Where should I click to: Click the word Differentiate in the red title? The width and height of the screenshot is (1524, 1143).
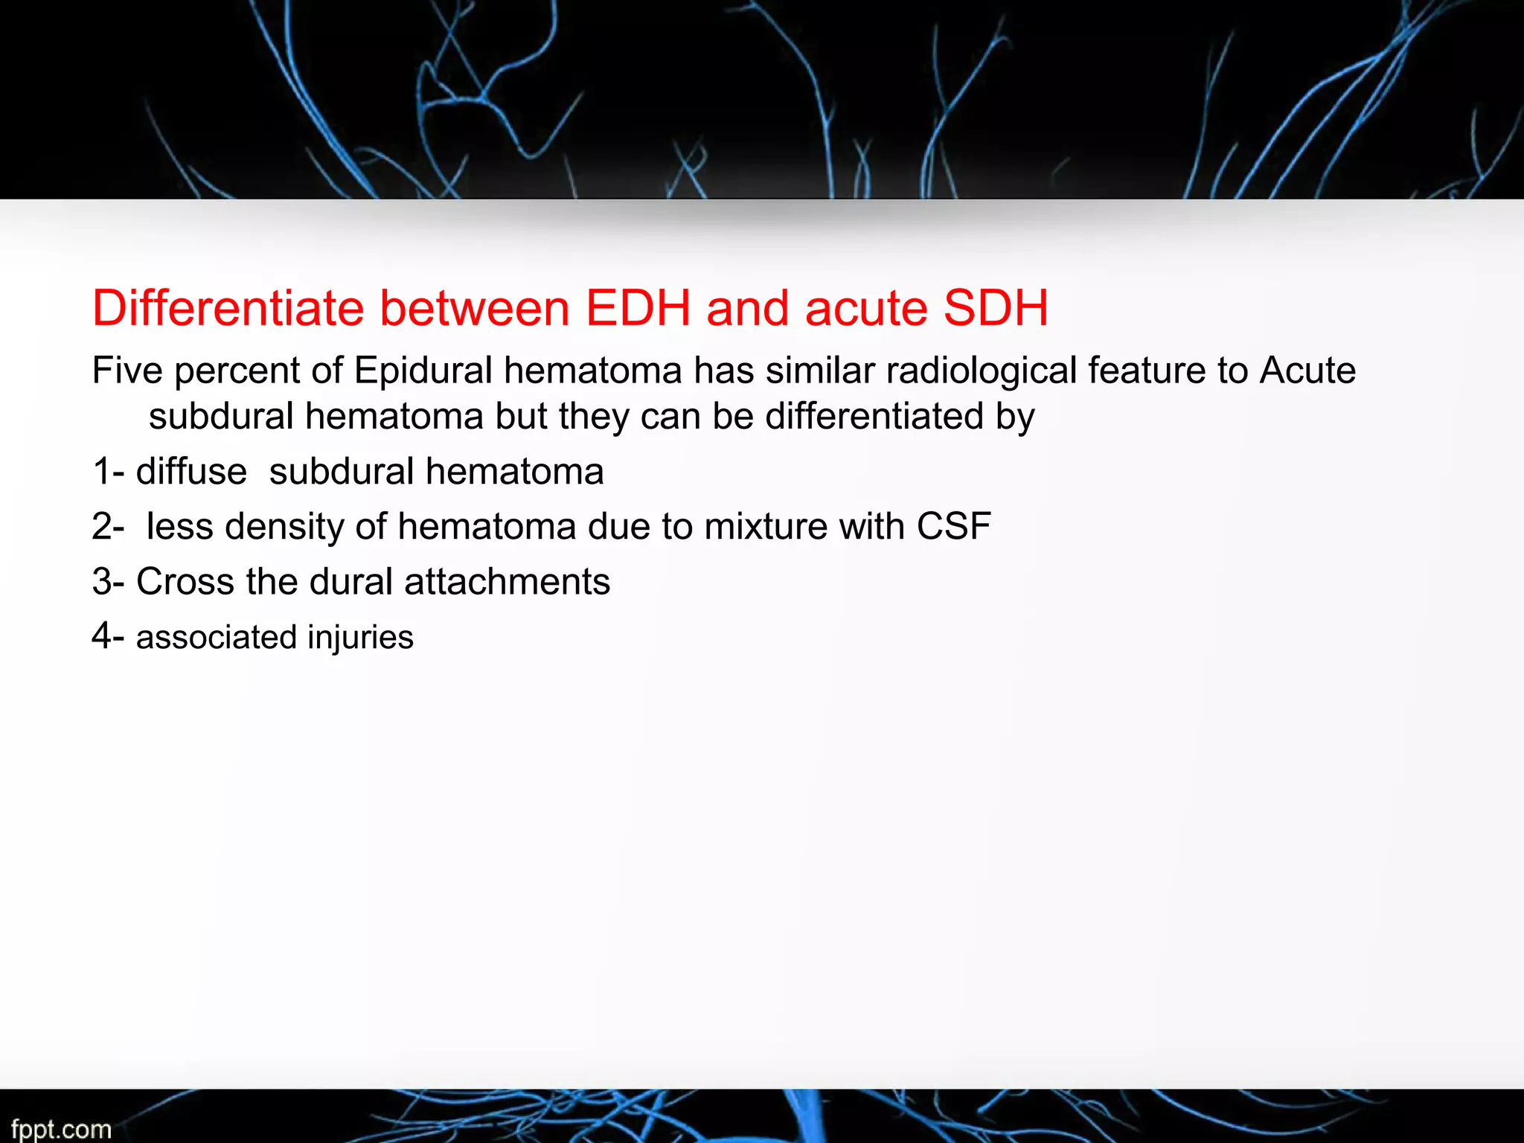(x=228, y=308)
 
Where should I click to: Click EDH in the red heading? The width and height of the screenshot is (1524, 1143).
(x=638, y=308)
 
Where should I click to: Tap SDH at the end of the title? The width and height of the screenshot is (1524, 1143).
(x=996, y=308)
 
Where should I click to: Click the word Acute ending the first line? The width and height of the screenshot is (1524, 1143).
(x=1307, y=370)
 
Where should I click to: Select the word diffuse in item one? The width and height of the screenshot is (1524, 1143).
(x=191, y=472)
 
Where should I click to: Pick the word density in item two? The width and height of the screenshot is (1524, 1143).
(x=284, y=527)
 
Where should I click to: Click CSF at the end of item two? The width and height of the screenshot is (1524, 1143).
(x=953, y=527)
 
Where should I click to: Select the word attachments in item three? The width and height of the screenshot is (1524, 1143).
(x=507, y=581)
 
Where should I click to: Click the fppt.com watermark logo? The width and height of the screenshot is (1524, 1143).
(x=61, y=1129)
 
